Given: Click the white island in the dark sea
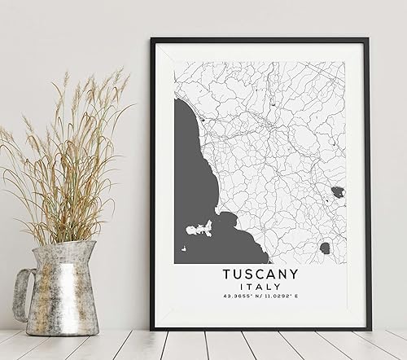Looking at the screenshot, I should tap(198, 230).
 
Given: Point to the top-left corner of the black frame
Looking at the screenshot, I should tap(155, 41).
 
